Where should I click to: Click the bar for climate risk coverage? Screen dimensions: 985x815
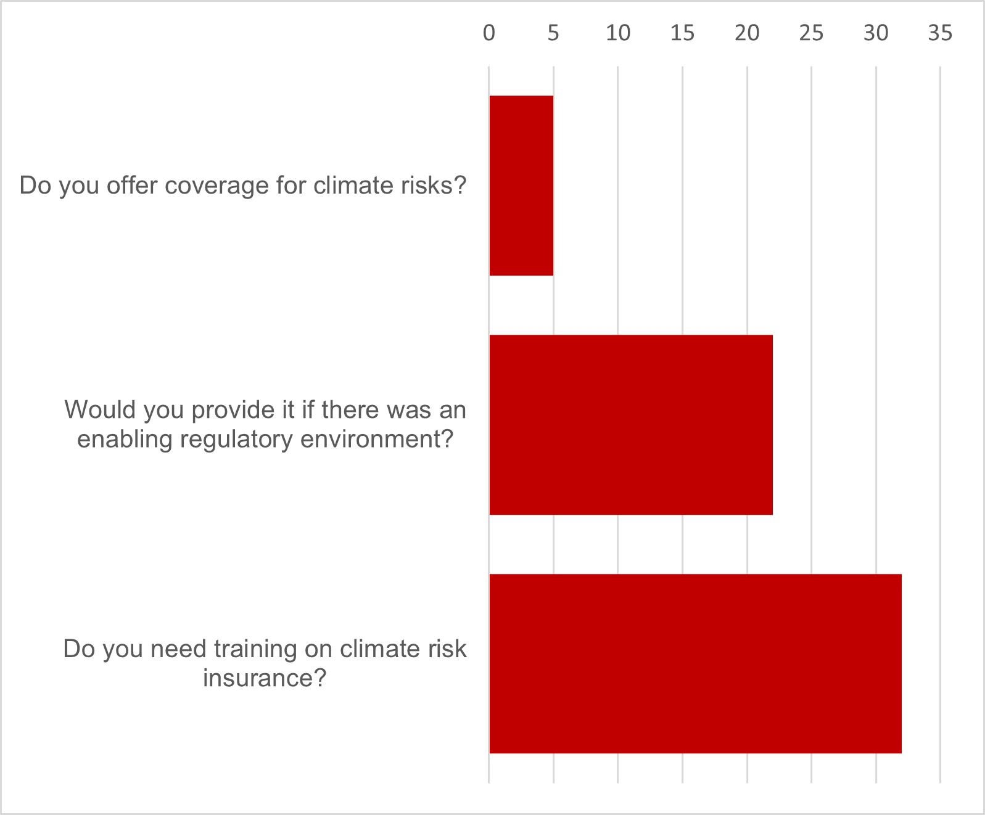coord(521,186)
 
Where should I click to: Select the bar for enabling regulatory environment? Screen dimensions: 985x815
coord(631,425)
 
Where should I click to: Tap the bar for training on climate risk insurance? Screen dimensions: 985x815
coord(695,663)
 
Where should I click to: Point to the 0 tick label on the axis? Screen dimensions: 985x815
coord(489,33)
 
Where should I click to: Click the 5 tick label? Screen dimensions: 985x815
coord(553,33)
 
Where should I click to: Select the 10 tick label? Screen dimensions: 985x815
coord(618,33)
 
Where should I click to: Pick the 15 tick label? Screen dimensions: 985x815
coord(683,33)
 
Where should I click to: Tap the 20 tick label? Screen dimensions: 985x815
coord(748,33)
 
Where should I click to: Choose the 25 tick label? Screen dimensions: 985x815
coord(812,33)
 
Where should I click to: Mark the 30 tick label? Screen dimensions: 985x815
coord(876,33)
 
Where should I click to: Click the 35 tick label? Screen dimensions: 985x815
coord(940,33)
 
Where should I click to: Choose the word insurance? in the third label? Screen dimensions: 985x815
coord(265,678)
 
